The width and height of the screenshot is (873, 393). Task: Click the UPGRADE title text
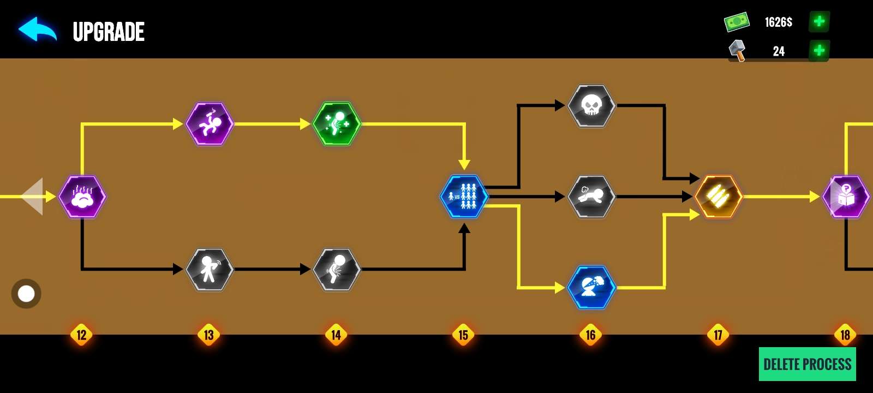click(x=109, y=32)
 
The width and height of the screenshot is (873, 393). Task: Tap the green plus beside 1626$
click(x=818, y=22)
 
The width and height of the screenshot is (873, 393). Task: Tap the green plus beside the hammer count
click(x=818, y=51)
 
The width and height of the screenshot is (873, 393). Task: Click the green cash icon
click(x=737, y=22)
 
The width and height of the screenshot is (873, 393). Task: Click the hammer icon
click(x=737, y=50)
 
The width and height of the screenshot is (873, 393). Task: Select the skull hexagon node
click(x=591, y=106)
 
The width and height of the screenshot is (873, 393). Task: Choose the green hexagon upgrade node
click(x=337, y=124)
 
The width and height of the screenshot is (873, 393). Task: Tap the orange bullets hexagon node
click(x=719, y=196)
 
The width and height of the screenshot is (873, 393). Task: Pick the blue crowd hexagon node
click(x=464, y=196)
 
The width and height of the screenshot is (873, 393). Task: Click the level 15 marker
click(x=463, y=335)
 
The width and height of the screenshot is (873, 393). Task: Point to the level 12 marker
click(x=81, y=335)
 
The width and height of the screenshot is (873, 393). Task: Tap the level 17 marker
click(x=718, y=335)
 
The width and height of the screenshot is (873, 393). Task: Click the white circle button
click(x=26, y=294)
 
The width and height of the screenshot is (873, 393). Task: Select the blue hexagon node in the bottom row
click(x=591, y=287)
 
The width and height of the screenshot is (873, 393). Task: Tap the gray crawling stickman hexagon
click(x=591, y=196)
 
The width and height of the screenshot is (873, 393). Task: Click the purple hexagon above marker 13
click(x=210, y=124)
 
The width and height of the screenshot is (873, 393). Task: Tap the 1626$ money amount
click(x=778, y=22)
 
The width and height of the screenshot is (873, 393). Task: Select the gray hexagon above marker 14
click(x=337, y=269)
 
